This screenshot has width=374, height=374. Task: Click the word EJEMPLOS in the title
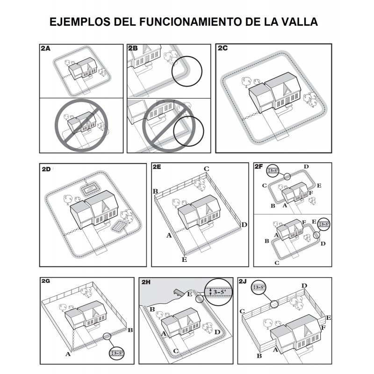coord(80,22)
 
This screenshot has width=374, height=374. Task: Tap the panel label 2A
coord(45,49)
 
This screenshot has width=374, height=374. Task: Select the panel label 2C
coord(223,48)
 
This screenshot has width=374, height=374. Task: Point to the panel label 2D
coord(46,169)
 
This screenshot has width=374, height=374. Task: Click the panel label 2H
coord(146,282)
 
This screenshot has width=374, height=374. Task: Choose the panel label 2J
coord(243,281)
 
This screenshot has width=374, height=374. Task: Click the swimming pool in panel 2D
coord(89,189)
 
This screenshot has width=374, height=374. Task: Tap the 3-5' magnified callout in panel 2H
coord(218,292)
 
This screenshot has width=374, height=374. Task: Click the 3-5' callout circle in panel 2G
coord(116,353)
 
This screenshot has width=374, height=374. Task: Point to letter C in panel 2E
coord(207,169)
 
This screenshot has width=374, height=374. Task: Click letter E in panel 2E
coord(184,259)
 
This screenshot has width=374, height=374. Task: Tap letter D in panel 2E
coord(244,225)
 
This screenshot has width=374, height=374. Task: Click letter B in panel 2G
coord(130,330)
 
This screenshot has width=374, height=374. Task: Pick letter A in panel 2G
coord(68,354)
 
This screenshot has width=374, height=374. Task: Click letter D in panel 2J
coord(304,286)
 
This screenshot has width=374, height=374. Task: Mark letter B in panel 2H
coord(152,309)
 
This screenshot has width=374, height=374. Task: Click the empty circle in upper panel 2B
coord(187,72)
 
